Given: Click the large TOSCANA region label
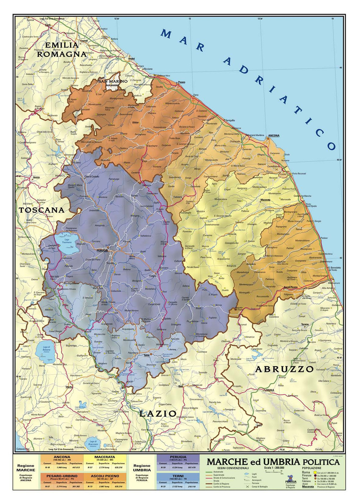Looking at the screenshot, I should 41,210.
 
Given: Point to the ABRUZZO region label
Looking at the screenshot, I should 284,369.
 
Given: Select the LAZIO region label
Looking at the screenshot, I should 158,413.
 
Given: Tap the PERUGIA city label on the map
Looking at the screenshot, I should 102,250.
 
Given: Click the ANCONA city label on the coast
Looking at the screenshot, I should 274,136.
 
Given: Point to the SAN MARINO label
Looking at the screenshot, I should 113,82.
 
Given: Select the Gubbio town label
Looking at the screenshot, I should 134,195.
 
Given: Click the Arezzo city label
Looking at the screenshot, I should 36,177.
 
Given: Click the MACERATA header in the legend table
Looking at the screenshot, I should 105,457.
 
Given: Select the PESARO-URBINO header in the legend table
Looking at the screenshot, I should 62,476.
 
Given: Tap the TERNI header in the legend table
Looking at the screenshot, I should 178,476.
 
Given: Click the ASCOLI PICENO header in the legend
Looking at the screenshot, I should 105,476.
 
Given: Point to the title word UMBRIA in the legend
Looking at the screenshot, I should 282,462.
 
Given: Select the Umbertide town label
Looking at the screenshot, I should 94,210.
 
